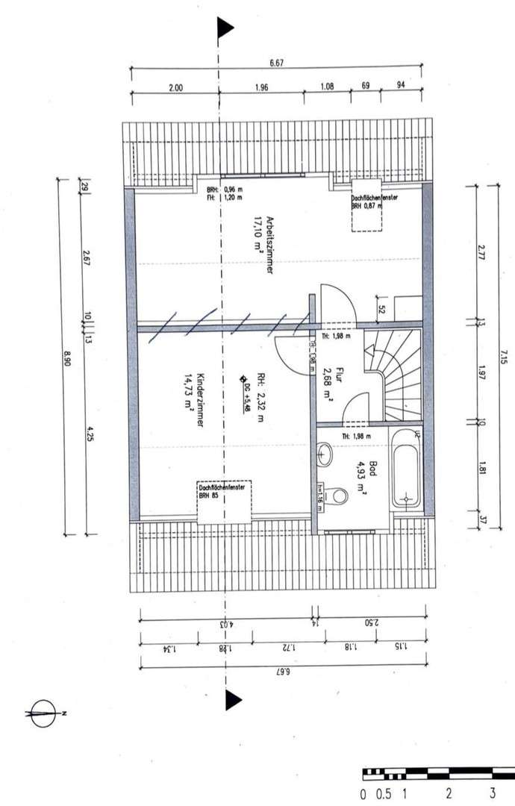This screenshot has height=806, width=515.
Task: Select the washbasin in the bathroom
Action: click(x=325, y=452)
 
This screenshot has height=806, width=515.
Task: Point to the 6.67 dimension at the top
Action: click(x=275, y=64)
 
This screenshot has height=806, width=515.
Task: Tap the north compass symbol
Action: click(x=43, y=713)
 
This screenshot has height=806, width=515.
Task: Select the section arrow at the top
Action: click(x=225, y=28)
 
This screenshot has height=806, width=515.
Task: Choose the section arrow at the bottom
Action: click(x=233, y=699)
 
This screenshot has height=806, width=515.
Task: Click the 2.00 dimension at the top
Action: click(x=176, y=88)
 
